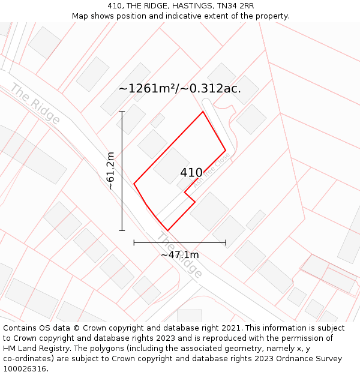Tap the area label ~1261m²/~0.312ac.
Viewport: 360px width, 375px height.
click(x=180, y=89)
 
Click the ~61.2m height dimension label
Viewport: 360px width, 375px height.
click(x=111, y=171)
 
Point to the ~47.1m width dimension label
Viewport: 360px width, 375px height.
click(x=179, y=255)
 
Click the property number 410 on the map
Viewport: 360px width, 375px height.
click(x=191, y=173)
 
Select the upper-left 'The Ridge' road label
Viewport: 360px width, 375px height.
click(x=35, y=104)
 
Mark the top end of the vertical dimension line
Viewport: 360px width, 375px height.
click(x=122, y=112)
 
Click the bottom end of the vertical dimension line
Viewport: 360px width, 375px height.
click(x=122, y=230)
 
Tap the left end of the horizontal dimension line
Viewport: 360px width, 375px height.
click(x=134, y=242)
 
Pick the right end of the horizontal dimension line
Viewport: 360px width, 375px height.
click(x=226, y=242)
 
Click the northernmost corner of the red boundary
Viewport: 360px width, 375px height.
click(x=203, y=112)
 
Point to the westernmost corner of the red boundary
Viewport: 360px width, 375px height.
click(x=134, y=183)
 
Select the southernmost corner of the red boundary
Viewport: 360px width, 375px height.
click(x=167, y=230)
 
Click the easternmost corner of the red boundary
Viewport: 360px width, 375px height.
click(x=226, y=150)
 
